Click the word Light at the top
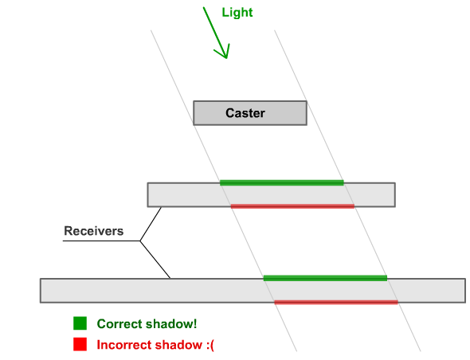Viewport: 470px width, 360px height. pos(237,13)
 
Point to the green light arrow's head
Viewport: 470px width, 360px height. pos(226,58)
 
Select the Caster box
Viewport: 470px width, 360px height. pos(250,113)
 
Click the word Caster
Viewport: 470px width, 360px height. pos(245,113)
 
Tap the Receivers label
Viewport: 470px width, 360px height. pos(93,231)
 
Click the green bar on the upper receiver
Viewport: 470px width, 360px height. pos(282,182)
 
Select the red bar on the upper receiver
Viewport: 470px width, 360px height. pos(292,206)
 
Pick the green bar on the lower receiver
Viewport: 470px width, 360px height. pos(325,278)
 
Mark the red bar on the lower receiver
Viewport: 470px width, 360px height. pos(336,302)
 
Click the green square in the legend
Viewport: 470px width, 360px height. pos(80,323)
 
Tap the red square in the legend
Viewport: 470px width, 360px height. pos(80,344)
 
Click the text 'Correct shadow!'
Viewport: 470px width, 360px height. pos(147,323)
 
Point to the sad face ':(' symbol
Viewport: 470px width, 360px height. pos(210,345)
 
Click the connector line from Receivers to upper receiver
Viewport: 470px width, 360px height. pos(151,224)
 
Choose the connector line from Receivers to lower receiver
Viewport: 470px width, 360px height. pos(155,260)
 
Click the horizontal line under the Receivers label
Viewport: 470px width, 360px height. pos(101,241)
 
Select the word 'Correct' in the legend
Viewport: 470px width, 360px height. pos(121,323)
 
